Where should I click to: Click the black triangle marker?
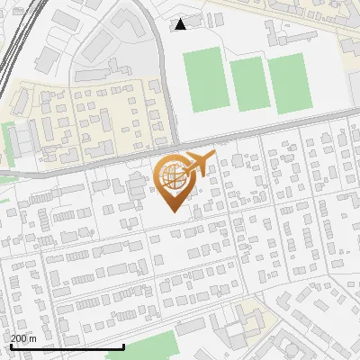[x=180, y=24]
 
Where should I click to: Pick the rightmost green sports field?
[x=290, y=83]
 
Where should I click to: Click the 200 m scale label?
[x=23, y=337]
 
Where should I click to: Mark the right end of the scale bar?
[x=123, y=346]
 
